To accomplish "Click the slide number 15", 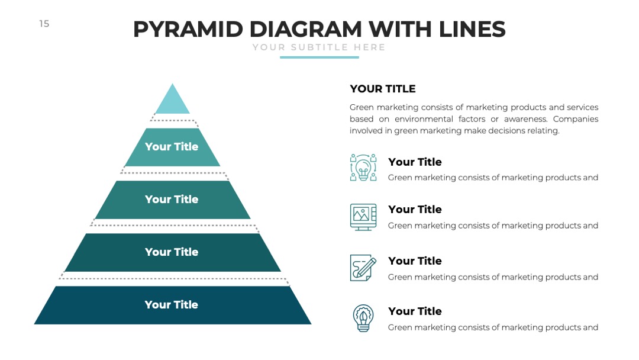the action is coord(44,24).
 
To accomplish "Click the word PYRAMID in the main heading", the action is coord(188,30).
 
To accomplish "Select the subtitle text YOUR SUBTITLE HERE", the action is coord(319,47).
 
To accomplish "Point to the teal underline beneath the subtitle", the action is coord(319,57).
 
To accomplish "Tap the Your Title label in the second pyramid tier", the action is coord(172,146).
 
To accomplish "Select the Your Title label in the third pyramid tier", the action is coord(172,199).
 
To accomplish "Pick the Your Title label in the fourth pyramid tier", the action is coord(172,252).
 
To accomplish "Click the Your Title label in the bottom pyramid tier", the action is coord(171,304).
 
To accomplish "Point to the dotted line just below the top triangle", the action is coord(173,120).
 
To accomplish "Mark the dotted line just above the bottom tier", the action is coord(174,279).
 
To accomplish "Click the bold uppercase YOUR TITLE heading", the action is coord(383,89).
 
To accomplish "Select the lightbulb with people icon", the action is coord(363,167).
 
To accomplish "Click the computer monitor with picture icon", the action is coord(363,217).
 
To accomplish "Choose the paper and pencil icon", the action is coord(363,268).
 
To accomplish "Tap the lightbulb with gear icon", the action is coord(363,318).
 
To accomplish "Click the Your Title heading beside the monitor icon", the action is coord(415,209).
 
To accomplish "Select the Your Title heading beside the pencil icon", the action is coord(415,261).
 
